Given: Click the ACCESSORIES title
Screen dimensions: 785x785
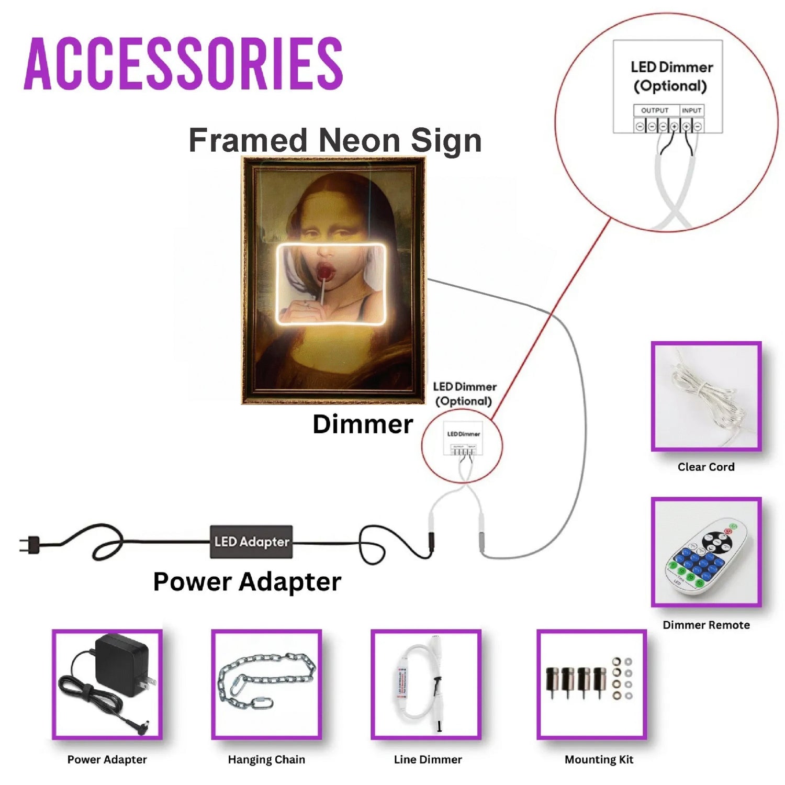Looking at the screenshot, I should pyautogui.click(x=183, y=64).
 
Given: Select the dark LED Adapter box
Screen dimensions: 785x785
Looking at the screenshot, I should pyautogui.click(x=251, y=542).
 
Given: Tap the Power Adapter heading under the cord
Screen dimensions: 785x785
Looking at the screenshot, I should pyautogui.click(x=247, y=581).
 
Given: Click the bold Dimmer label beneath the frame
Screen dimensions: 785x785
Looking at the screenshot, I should pyautogui.click(x=363, y=424).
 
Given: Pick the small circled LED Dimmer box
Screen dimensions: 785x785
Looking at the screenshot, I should pyautogui.click(x=463, y=439).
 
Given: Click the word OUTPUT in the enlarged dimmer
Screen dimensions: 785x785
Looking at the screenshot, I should pyautogui.click(x=655, y=110).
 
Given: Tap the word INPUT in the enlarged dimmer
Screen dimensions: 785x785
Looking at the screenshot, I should pyautogui.click(x=691, y=110).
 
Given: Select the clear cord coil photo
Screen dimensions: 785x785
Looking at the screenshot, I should pyautogui.click(x=706, y=396).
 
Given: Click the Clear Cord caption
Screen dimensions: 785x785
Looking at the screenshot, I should pyautogui.click(x=706, y=467).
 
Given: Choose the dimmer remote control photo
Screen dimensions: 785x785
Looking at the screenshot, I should pyautogui.click(x=706, y=553).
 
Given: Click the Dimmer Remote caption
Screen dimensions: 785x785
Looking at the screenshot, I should pyautogui.click(x=706, y=625).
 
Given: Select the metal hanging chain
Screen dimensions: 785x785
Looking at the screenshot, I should pyautogui.click(x=266, y=680).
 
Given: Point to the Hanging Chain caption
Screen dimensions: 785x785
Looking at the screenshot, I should pyautogui.click(x=266, y=759).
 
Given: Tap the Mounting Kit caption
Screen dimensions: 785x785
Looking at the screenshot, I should pyautogui.click(x=599, y=759).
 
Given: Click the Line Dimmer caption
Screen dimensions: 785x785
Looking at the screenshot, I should pyautogui.click(x=428, y=759).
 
